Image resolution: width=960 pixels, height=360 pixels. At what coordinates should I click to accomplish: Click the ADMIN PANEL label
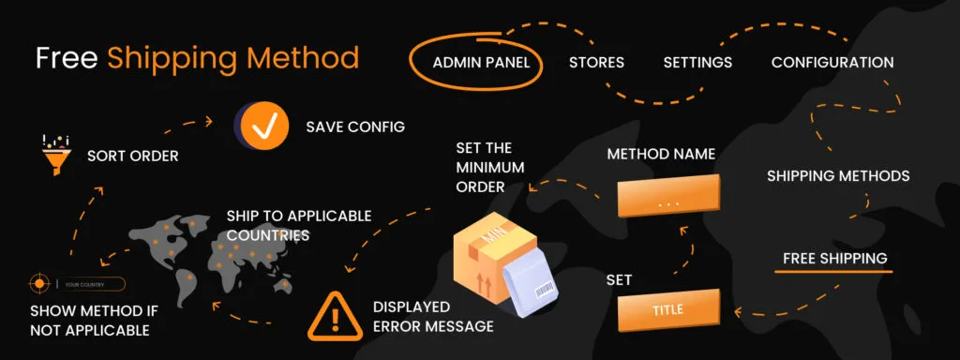pyautogui.click(x=481, y=63)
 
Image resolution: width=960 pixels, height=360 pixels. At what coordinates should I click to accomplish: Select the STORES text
pyautogui.click(x=596, y=63)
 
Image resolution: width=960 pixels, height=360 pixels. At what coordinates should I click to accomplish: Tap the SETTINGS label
pyautogui.click(x=697, y=63)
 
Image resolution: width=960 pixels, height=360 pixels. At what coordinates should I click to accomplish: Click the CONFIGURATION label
pyautogui.click(x=832, y=63)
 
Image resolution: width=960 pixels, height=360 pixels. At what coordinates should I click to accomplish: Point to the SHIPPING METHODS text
pyautogui.click(x=838, y=175)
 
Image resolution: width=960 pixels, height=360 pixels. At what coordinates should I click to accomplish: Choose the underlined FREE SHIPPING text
pyautogui.click(x=834, y=258)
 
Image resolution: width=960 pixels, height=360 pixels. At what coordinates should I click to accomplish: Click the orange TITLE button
pyautogui.click(x=667, y=309)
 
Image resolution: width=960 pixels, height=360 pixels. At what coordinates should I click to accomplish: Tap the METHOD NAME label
pyautogui.click(x=661, y=154)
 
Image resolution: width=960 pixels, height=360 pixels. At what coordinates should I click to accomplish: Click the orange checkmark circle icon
pyautogui.click(x=263, y=126)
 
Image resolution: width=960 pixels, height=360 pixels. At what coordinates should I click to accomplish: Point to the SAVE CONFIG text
pyautogui.click(x=355, y=127)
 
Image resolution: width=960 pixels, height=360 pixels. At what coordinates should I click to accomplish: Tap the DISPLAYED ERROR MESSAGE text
pyautogui.click(x=432, y=317)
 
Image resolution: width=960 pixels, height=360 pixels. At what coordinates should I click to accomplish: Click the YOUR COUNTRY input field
pyautogui.click(x=90, y=284)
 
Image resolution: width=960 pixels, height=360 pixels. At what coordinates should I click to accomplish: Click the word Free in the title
pyautogui.click(x=67, y=58)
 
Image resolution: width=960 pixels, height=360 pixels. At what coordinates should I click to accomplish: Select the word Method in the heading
pyautogui.click(x=304, y=58)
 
